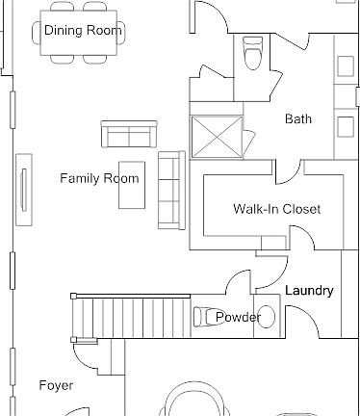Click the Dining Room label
83,30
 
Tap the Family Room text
99,178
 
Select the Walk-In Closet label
277,209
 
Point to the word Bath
298,118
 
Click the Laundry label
309,291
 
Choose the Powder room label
238,317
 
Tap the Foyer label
56,385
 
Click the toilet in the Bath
252,53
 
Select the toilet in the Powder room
207,317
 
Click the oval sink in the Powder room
266,317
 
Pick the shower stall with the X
217,137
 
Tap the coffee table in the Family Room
132,185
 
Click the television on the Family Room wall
24,190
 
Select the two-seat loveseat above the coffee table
129,134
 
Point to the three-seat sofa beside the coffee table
171,190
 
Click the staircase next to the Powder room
132,318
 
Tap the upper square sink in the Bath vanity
346,66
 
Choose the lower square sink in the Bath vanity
346,126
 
